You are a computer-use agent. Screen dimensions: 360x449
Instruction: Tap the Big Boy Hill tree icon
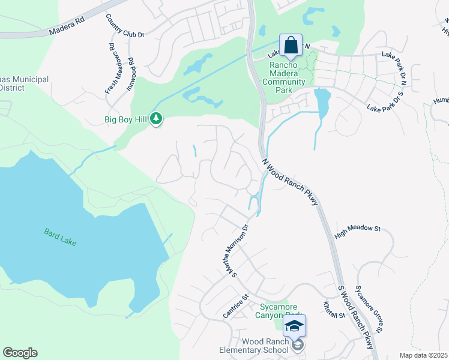click(x=157, y=119)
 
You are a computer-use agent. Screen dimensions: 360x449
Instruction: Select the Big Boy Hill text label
click(x=125, y=119)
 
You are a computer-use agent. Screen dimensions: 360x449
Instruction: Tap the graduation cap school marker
click(x=294, y=326)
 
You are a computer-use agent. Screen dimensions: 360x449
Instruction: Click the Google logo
click(x=20, y=353)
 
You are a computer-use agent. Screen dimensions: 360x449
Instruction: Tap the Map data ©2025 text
click(x=423, y=355)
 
